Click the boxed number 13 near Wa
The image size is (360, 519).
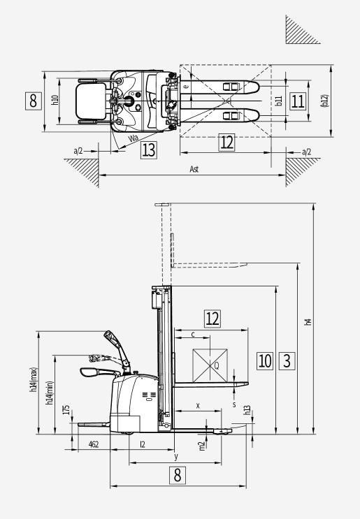point(148,150)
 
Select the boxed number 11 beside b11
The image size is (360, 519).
point(297,101)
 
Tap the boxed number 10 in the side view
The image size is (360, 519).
point(265,360)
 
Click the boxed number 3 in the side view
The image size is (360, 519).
point(287,360)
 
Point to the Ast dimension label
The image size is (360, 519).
point(194,170)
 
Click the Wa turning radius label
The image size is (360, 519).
point(133,138)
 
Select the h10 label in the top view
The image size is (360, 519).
point(55,101)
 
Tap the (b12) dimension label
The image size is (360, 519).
point(325,101)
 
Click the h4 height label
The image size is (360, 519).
point(308,322)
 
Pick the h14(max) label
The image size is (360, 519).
point(34,380)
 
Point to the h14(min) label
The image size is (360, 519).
point(50,393)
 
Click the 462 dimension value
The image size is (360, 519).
point(94,444)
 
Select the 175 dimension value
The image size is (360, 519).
point(66,410)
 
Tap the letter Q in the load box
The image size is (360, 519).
point(217,366)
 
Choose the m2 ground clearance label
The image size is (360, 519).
point(202,446)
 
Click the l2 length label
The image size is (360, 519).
point(143,444)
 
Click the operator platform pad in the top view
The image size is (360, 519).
point(91,101)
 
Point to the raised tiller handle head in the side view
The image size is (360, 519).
point(111,338)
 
